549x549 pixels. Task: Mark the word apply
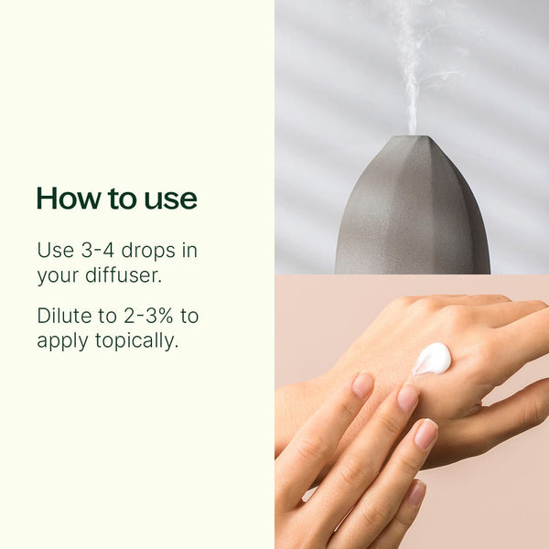point(62,341)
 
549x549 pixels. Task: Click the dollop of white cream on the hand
point(431,358)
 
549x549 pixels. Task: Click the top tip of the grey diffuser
point(412,139)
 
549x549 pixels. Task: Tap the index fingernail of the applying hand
point(362,384)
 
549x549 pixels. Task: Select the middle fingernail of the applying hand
point(407,398)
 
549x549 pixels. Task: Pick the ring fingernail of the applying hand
point(426,434)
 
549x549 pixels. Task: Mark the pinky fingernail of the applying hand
point(417,493)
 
